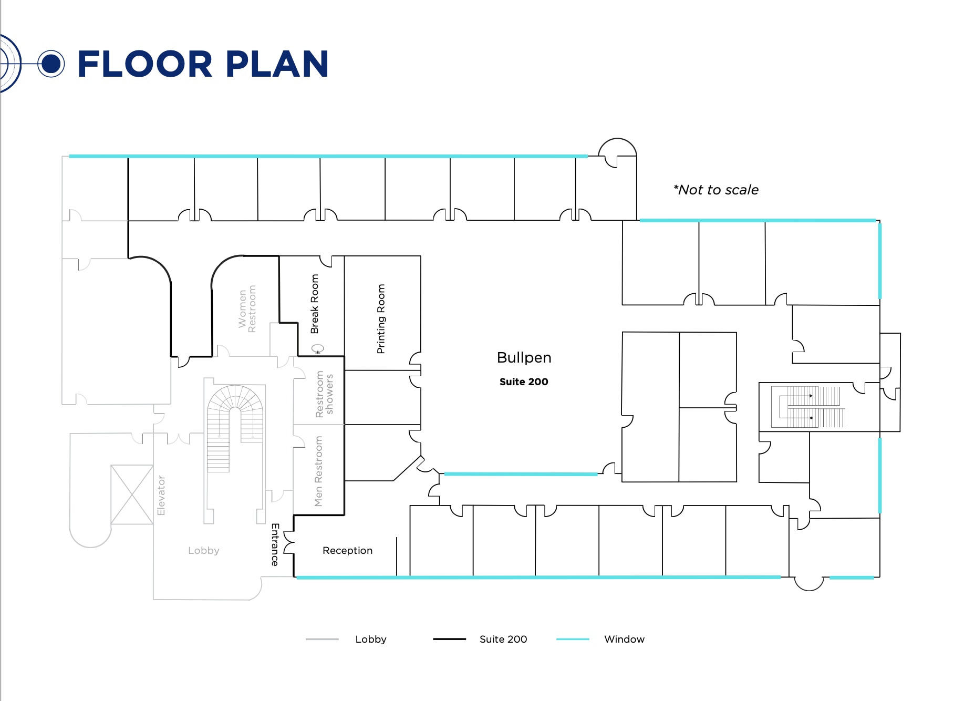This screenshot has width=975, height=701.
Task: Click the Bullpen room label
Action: tap(524, 358)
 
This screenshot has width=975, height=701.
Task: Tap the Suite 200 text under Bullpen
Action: tap(524, 382)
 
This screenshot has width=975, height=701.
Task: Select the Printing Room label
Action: tap(381, 319)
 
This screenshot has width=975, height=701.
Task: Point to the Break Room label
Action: tap(314, 304)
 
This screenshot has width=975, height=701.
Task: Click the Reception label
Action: tap(347, 550)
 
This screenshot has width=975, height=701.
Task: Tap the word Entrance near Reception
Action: tap(275, 544)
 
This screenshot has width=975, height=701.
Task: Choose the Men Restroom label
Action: tap(318, 471)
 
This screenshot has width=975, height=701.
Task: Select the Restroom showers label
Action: tap(324, 394)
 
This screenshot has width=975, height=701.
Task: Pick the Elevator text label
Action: tap(161, 496)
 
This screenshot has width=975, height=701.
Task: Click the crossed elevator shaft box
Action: tap(132, 494)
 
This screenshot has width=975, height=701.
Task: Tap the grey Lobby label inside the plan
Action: tap(204, 550)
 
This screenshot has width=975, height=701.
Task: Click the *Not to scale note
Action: tap(716, 190)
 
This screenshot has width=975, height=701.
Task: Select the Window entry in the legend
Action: tap(624, 639)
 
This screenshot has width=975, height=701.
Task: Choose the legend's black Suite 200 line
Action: tap(449, 639)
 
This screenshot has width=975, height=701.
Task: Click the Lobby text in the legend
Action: tap(370, 639)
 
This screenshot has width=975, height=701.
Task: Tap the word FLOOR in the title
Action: tap(145, 64)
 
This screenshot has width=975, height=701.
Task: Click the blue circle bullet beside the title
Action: tap(51, 64)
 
